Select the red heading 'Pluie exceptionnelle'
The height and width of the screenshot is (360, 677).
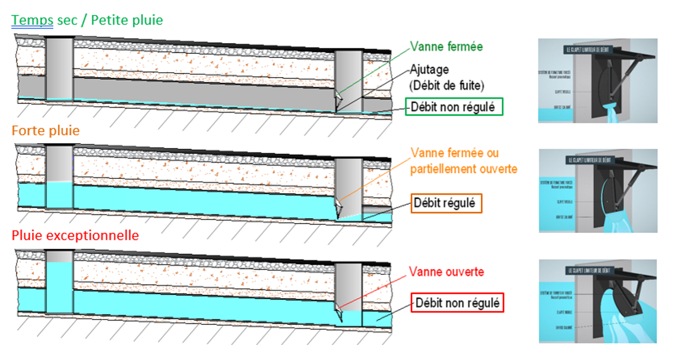tap(75, 236)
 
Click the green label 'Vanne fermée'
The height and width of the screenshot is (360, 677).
tap(446, 47)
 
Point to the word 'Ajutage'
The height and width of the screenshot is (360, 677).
tap(429, 70)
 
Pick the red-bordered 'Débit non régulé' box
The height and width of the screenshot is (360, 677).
tap(457, 303)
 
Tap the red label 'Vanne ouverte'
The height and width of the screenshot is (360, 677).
tap(446, 272)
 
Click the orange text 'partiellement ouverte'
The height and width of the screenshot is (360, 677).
tap(464, 169)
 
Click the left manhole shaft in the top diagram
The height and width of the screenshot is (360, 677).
tap(59, 68)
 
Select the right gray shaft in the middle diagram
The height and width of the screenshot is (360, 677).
tap(349, 186)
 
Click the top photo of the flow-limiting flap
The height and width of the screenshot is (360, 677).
tap(597, 80)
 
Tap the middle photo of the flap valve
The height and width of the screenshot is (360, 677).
tap(598, 191)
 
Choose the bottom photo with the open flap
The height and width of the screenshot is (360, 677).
tap(598, 301)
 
